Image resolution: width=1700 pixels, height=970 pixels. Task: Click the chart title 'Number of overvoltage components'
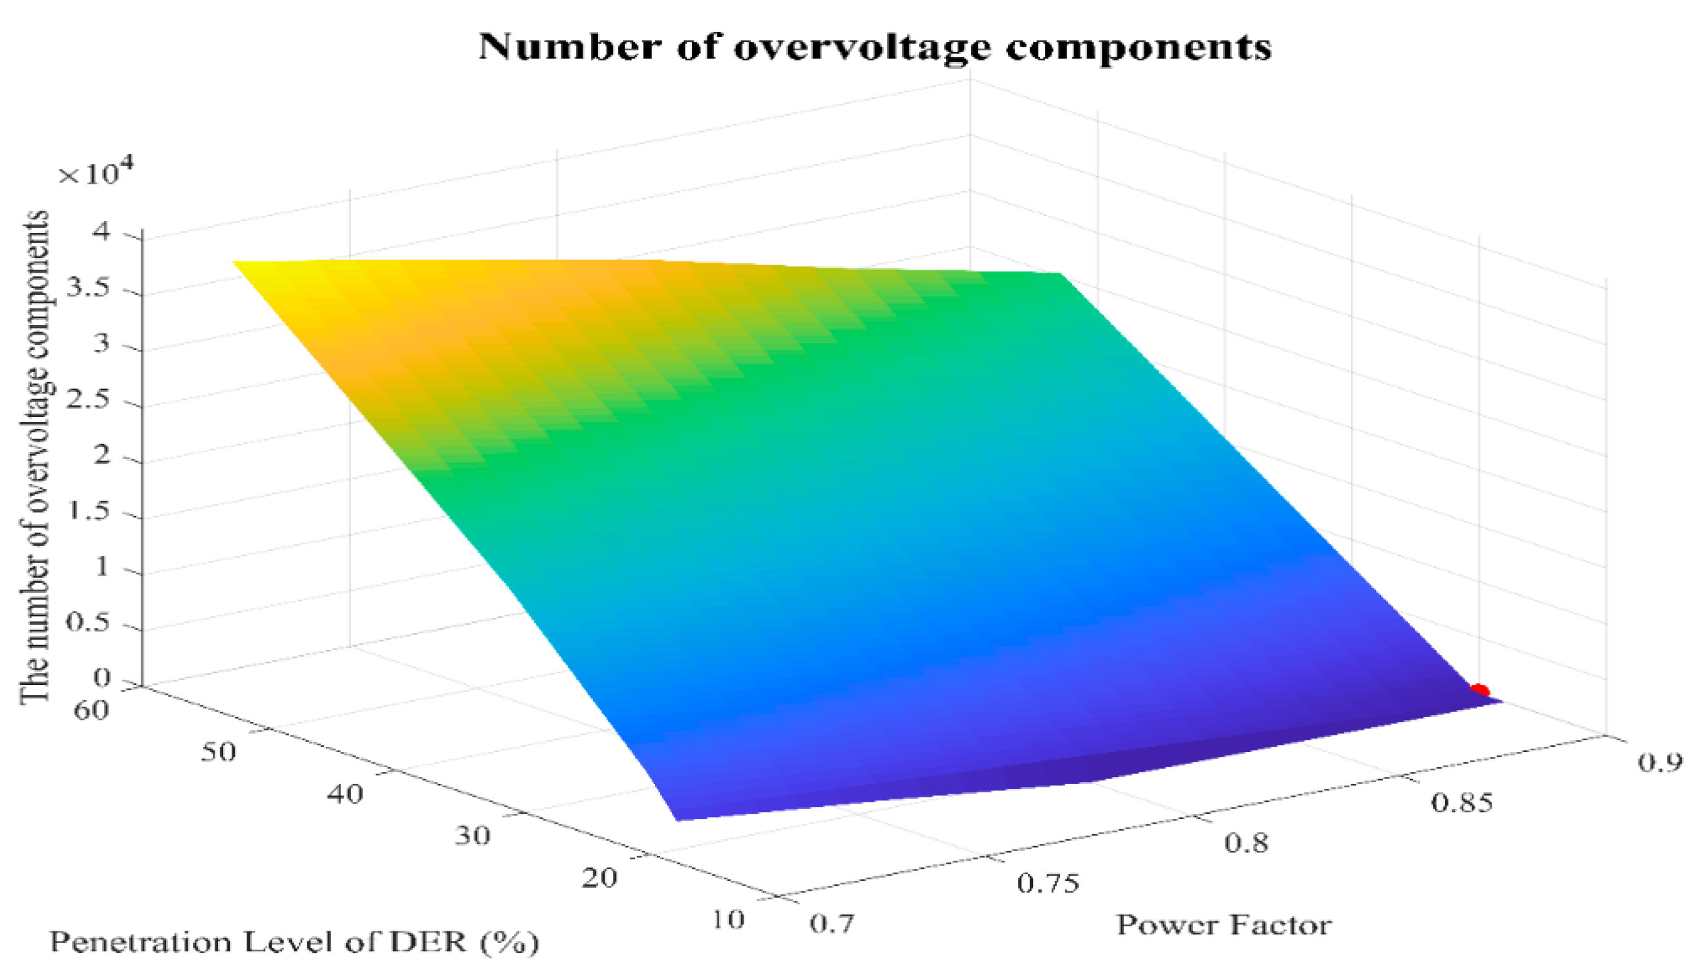pos(875,47)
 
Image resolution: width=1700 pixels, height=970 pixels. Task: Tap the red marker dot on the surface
pos(1479,689)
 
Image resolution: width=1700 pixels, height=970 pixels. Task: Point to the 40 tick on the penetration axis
pos(345,795)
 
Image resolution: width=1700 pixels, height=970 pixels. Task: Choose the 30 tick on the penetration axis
pos(473,836)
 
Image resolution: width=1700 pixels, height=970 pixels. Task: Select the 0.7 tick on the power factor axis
pos(831,923)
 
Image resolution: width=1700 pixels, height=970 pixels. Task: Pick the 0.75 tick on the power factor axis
pos(1047,883)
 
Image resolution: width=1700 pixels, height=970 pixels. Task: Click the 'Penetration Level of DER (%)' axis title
pos(294,942)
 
